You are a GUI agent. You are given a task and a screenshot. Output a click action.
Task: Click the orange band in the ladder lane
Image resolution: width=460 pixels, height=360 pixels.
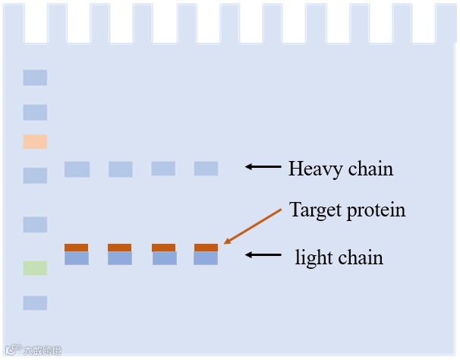point(35,141)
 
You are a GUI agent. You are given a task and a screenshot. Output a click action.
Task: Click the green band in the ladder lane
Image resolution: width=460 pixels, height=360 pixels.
point(35,268)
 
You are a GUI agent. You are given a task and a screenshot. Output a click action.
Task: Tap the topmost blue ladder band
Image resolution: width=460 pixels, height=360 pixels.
point(35,77)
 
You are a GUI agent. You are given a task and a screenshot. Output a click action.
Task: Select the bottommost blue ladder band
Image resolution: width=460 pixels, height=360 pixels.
point(35,303)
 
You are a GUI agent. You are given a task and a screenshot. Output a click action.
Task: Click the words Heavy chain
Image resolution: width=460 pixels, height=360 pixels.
point(340,168)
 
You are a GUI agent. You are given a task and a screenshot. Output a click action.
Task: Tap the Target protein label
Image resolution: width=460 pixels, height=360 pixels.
point(347,210)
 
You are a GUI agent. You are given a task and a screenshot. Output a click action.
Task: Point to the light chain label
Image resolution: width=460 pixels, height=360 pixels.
point(339,257)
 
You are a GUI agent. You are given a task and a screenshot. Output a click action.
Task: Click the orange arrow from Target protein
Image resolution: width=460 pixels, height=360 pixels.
point(254,226)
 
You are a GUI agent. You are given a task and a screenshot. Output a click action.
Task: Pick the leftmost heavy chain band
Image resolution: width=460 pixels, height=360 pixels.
point(77,169)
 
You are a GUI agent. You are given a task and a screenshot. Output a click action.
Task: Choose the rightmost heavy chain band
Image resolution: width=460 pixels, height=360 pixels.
point(206,168)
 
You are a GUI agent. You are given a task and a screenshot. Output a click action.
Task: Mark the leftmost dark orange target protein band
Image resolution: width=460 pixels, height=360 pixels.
point(76,248)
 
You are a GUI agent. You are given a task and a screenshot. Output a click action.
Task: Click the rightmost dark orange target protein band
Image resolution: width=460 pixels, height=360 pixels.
point(206,248)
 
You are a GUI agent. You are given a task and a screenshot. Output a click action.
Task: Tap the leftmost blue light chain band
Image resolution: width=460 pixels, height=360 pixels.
point(76,258)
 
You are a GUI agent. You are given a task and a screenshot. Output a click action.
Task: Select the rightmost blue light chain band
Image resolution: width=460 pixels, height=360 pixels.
point(206,258)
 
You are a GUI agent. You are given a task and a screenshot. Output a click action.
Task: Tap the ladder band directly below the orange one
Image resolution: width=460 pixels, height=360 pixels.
point(35,175)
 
